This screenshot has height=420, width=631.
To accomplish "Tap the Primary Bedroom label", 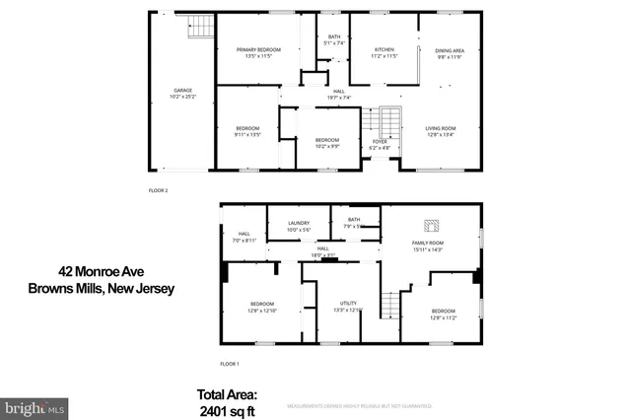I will click(x=256, y=52).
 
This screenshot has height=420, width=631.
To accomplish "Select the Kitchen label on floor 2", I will click(x=357, y=52).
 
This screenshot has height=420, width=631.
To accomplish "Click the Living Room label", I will click(x=440, y=132).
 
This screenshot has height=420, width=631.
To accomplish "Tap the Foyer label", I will click(x=379, y=144).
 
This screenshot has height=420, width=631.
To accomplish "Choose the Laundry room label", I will click(x=299, y=226).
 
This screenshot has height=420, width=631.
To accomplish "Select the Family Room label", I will click(x=428, y=245).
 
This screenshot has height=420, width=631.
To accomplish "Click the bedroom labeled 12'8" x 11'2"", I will click(x=444, y=314).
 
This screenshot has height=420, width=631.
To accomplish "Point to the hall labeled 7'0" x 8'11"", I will click(x=244, y=237).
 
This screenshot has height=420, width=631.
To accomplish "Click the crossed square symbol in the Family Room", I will click(x=430, y=224).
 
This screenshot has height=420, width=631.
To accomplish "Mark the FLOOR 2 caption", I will click(x=159, y=189).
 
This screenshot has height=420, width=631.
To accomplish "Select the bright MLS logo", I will click(x=35, y=406).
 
